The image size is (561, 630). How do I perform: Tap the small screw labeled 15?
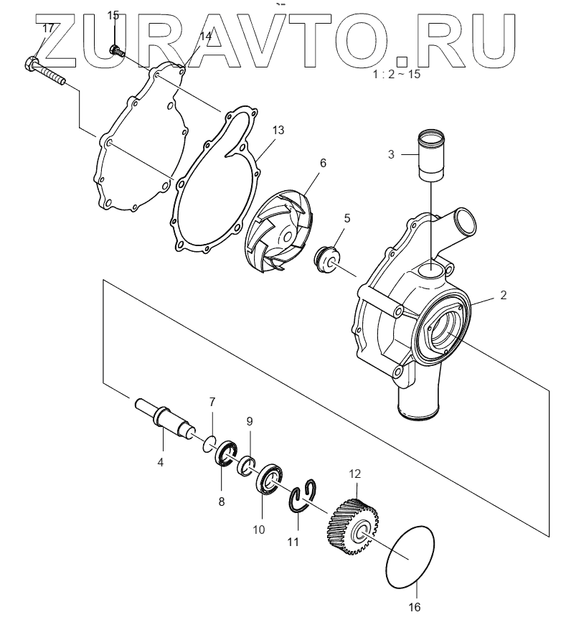click(x=116, y=50)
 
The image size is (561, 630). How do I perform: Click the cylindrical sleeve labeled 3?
click(x=431, y=154)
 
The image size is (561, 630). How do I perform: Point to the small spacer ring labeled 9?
click(x=247, y=464)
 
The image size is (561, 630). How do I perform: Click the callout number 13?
click(x=278, y=130)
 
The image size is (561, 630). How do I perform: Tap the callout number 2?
click(x=503, y=295)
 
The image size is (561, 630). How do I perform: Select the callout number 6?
click(x=323, y=163)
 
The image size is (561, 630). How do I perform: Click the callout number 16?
click(x=415, y=607)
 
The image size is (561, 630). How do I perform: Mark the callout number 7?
click(x=212, y=401)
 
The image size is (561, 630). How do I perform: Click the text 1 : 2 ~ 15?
click(x=397, y=75)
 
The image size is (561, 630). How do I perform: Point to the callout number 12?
click(x=355, y=474)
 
